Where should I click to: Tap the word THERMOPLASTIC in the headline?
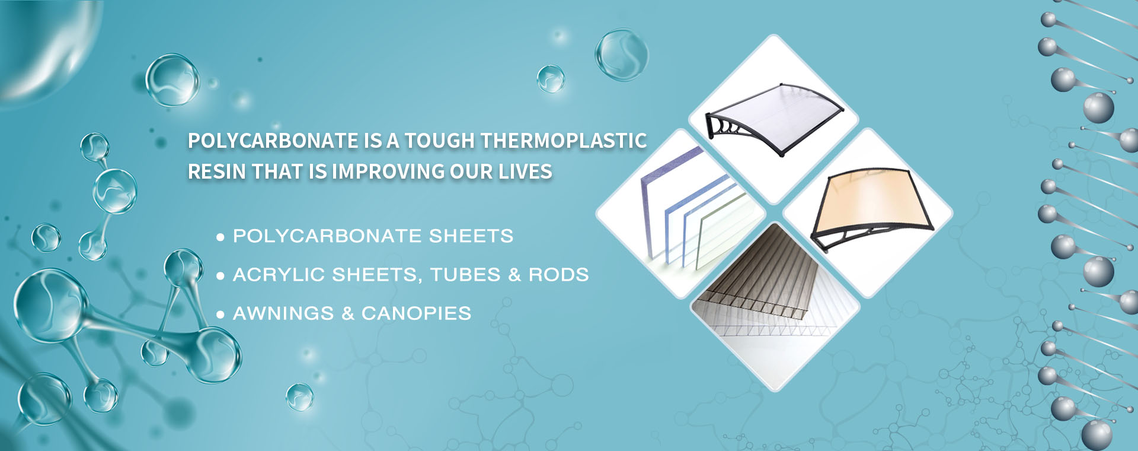click(563, 141)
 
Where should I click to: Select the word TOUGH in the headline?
click(440, 141)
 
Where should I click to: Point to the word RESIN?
click(218, 171)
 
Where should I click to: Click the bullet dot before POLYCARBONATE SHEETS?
click(220, 237)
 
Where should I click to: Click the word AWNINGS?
click(283, 313)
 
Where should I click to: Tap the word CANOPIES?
click(416, 313)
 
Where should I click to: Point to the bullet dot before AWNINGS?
click(220, 315)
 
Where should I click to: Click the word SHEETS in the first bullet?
click(471, 236)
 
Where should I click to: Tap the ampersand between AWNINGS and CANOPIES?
click(348, 313)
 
